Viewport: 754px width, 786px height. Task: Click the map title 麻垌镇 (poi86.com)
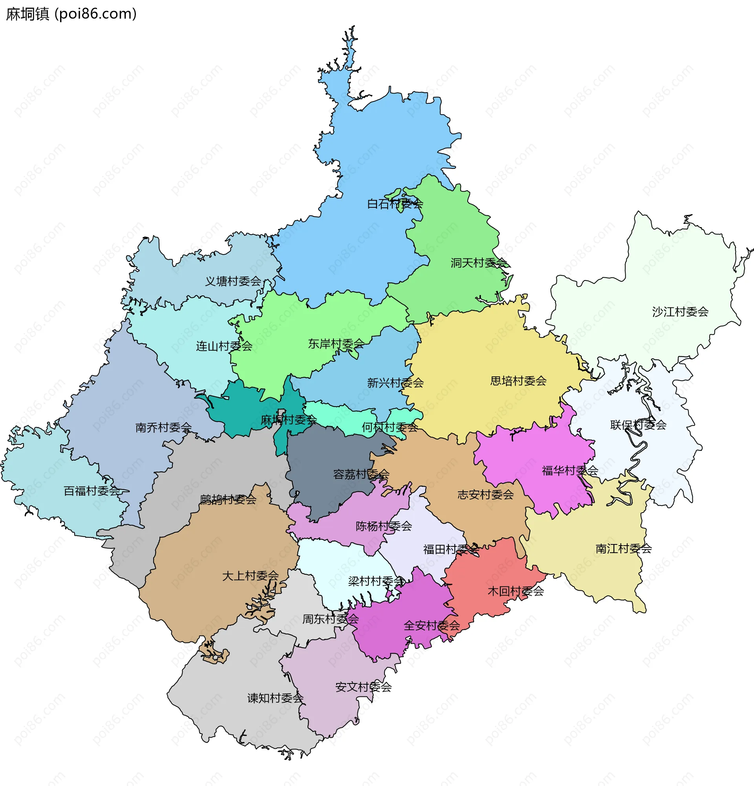click(x=71, y=14)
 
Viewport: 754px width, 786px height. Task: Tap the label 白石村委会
click(x=395, y=204)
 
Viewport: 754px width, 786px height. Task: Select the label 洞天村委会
click(x=479, y=263)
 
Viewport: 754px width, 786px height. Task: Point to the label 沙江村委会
click(x=680, y=311)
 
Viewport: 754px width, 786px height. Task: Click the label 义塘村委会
click(x=233, y=281)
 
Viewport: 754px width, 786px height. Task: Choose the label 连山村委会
click(x=224, y=346)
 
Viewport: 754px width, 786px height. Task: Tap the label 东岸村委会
click(x=336, y=344)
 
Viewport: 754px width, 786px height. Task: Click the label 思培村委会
click(x=518, y=381)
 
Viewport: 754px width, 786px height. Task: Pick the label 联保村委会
click(x=638, y=425)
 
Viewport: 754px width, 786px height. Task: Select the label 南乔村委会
click(x=163, y=427)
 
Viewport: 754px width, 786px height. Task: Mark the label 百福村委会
click(x=92, y=491)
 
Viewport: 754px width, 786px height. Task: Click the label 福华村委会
click(x=569, y=471)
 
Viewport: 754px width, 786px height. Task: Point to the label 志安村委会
click(x=485, y=495)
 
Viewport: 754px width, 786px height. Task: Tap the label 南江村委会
click(x=623, y=548)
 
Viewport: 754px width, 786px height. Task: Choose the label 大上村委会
click(x=250, y=575)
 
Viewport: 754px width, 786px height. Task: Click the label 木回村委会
click(x=516, y=591)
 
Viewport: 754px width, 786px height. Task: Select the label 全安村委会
click(x=431, y=625)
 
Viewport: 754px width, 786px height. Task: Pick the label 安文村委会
click(x=363, y=687)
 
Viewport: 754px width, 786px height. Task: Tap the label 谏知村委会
click(x=275, y=698)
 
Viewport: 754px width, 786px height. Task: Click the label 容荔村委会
click(x=361, y=475)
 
